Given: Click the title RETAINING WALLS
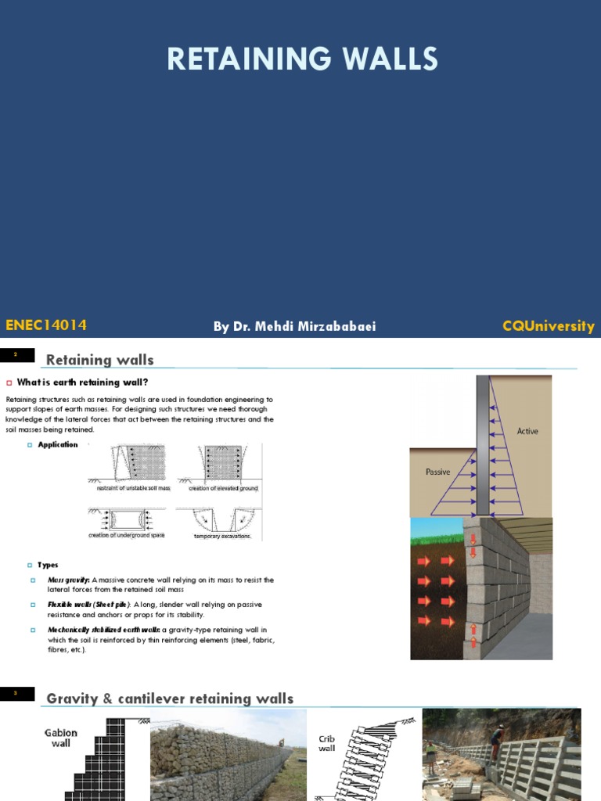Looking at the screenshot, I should pos(303,59).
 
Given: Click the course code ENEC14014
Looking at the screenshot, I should pos(45,325).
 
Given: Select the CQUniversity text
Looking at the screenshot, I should pos(548,326).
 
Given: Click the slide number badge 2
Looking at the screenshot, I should pos(16,355).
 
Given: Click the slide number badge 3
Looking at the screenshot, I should pos(16,693).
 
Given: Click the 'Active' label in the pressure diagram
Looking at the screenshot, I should pos(527,431).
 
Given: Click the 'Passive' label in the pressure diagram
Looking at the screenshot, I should pos(437,472).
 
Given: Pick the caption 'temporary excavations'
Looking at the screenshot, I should pos(223,537).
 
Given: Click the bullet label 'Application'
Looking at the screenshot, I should pos(58,444).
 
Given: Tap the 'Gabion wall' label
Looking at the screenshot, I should pos(60,738).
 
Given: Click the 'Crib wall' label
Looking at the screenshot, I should pos(327,743).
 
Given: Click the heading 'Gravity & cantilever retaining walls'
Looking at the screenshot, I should pos(170,699).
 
